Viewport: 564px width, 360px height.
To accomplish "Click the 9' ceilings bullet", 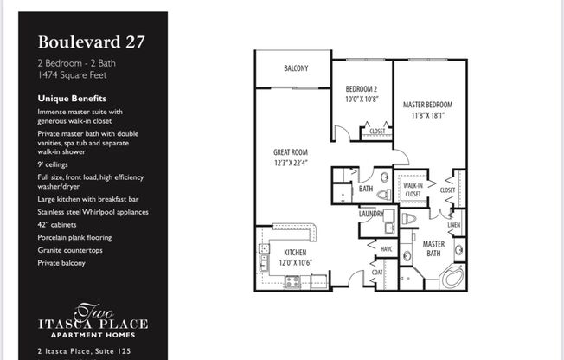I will pyautogui.click(x=53, y=164).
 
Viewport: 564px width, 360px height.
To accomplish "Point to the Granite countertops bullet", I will pyautogui.click(x=68, y=249).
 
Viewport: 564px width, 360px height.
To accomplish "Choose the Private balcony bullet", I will pyautogui.click(x=61, y=262).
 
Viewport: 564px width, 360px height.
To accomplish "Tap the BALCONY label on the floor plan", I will pyautogui.click(x=295, y=68).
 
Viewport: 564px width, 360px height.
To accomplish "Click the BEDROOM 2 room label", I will pyautogui.click(x=362, y=89).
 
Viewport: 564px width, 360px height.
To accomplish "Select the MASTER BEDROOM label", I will pyautogui.click(x=427, y=105).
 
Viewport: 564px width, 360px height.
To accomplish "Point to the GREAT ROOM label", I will pyautogui.click(x=292, y=152).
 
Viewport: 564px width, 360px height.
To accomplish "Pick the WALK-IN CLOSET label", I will pyautogui.click(x=413, y=189).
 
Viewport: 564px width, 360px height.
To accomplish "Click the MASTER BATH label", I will pyautogui.click(x=433, y=247).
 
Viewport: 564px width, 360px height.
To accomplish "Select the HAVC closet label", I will pyautogui.click(x=385, y=248).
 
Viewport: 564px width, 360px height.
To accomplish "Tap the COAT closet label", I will pyautogui.click(x=376, y=273).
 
